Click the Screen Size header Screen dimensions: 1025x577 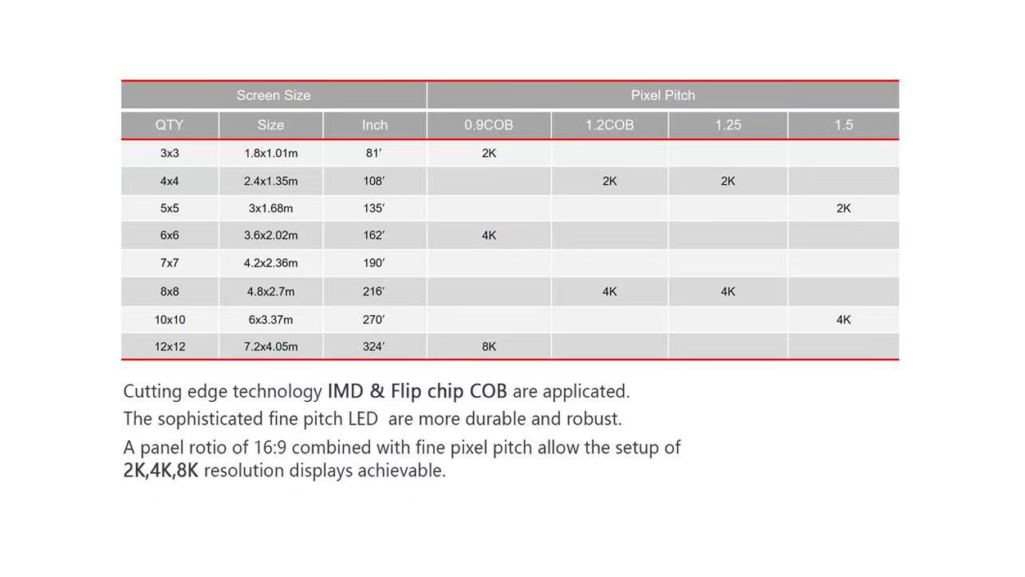273,95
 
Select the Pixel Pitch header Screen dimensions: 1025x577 662,95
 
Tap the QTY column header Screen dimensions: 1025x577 169,125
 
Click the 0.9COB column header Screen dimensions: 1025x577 489,125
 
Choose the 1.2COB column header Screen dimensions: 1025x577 609,125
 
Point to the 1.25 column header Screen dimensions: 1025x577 728,125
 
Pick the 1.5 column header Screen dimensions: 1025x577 843,125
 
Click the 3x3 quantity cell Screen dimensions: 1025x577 169,153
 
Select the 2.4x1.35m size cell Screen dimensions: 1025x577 270,181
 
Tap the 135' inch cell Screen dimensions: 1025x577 373,208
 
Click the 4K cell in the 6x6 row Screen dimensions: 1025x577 489,235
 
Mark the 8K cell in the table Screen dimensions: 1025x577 489,346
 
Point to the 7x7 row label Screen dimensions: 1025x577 169,263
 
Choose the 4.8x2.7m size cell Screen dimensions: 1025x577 270,291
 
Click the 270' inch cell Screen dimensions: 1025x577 373,319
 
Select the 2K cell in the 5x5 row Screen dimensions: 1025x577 843,208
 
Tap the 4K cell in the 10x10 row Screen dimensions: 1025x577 843,319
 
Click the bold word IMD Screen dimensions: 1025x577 346,391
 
